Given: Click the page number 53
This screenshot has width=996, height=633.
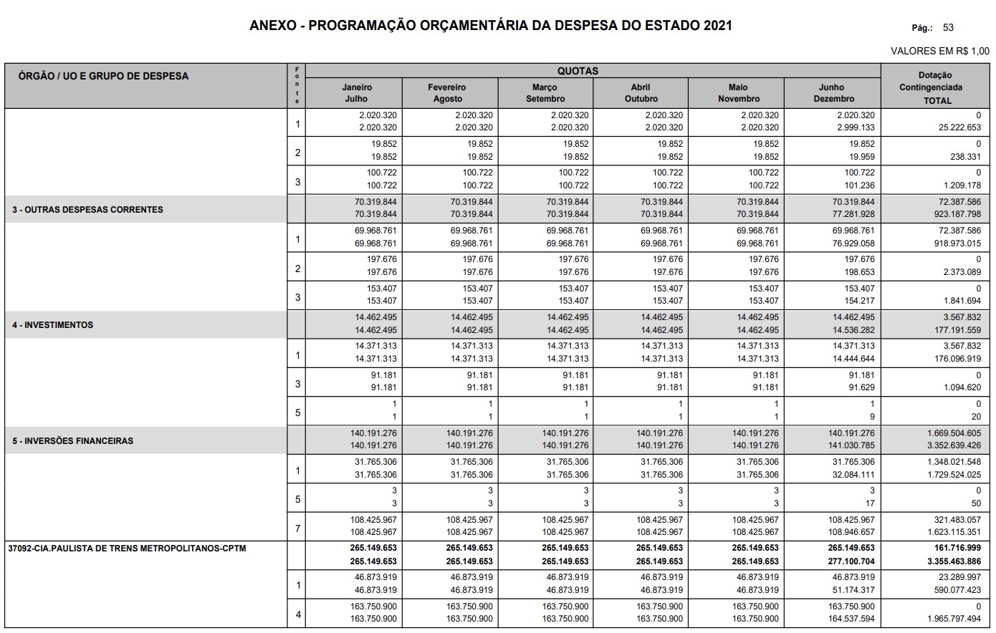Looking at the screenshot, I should coord(948,27).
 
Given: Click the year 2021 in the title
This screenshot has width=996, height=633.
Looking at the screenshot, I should coord(717,26).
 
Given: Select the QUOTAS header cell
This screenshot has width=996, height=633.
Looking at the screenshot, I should coord(578,71).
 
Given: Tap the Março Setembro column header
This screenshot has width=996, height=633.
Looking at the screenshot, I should coord(545,93).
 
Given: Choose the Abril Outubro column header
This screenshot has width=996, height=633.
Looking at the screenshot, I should coord(641,93).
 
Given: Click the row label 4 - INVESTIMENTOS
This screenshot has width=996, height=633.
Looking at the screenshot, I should coord(53,325).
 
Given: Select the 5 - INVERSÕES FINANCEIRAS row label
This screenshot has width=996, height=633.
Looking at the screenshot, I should coord(72,441).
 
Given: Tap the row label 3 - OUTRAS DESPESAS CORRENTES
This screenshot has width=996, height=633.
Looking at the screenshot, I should coord(87,210).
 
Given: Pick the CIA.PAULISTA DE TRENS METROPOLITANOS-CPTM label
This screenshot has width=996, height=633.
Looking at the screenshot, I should coord(127,549).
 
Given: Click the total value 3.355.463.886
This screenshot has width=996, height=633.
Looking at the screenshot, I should coord(952,561).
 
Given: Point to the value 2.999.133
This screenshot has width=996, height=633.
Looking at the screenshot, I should coord(856,127).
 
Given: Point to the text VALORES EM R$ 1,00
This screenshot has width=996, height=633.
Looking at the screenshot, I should coord(939,51).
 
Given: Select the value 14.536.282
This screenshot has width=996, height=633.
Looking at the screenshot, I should coord(853,330).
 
